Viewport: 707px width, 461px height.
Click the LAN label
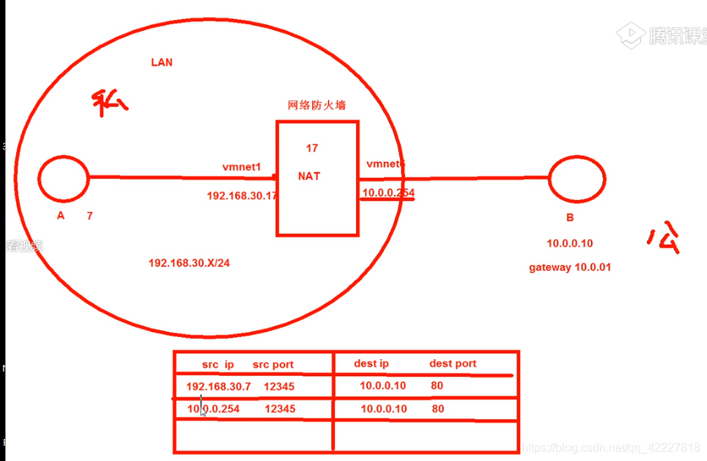(161, 62)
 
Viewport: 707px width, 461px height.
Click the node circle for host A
(63, 179)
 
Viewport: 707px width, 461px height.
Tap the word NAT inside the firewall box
(309, 177)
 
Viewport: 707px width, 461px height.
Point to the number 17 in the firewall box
(312, 149)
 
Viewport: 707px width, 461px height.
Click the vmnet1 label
(242, 167)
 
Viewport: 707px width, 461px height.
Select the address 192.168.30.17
(241, 196)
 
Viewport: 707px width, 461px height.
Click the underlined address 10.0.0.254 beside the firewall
(388, 193)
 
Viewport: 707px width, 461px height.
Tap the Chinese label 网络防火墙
(317, 106)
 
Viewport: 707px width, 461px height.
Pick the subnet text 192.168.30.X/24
(189, 263)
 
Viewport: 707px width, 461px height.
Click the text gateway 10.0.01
(569, 268)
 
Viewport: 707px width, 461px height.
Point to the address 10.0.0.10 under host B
(569, 243)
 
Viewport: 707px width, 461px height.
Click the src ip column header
(218, 364)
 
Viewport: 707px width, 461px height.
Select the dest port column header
(452, 364)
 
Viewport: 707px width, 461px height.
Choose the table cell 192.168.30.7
(218, 386)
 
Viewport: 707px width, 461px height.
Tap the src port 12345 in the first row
(280, 386)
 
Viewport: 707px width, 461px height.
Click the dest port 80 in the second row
(437, 409)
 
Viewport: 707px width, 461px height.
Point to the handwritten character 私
(109, 103)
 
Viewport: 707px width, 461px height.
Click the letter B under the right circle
(569, 218)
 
